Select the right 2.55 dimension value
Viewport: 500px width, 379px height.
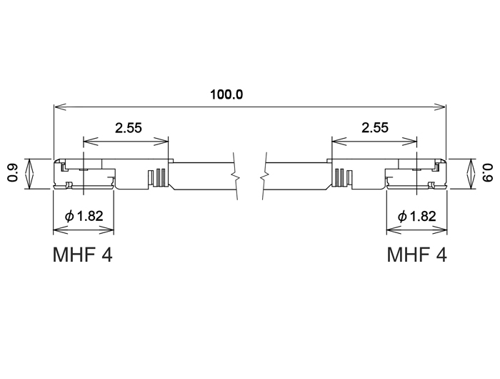point(374,128)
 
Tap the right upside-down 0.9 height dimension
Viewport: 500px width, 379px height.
point(487,173)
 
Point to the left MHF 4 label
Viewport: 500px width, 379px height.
point(83,255)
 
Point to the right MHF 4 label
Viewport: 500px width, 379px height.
point(417,255)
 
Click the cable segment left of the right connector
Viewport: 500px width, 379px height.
point(296,176)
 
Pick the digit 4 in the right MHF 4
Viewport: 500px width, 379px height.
point(441,255)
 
